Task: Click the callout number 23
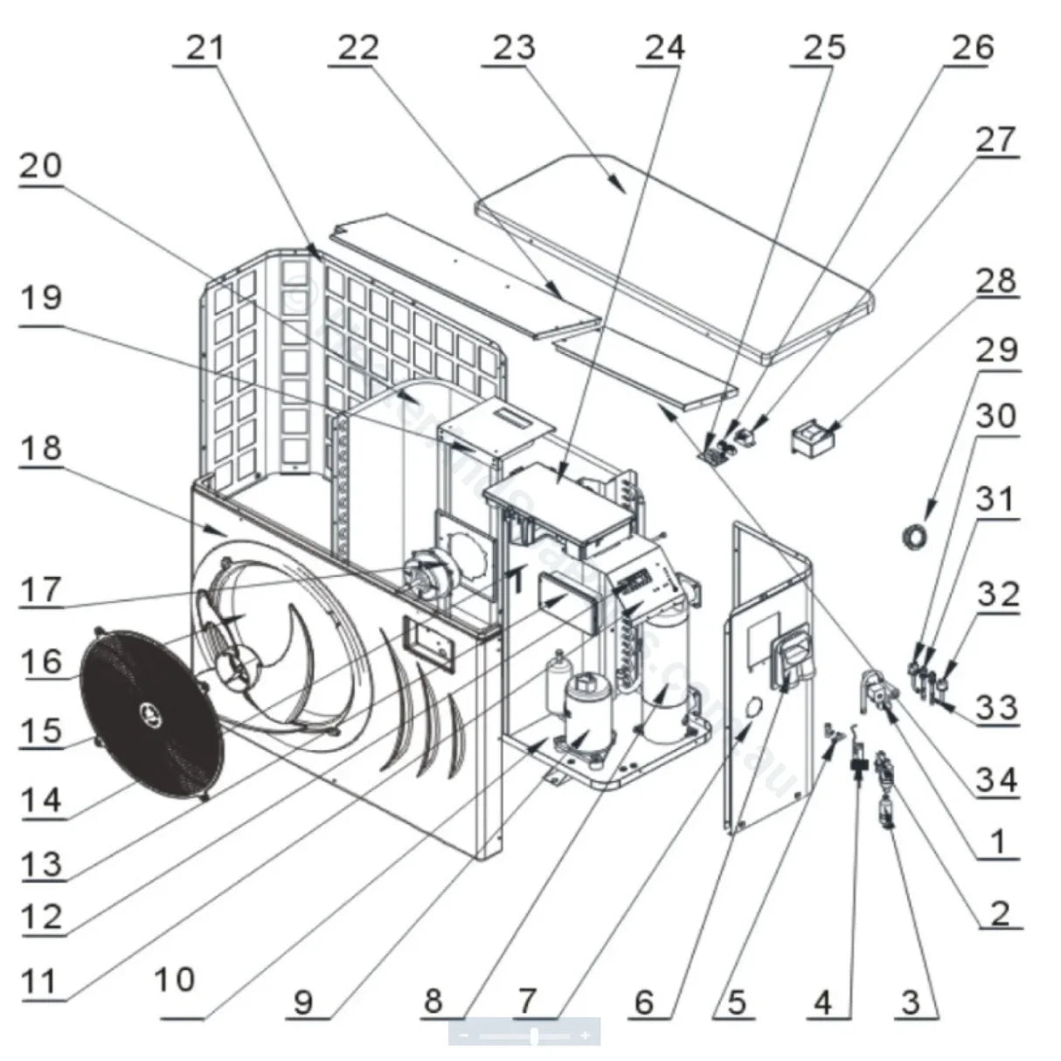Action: [x=513, y=46]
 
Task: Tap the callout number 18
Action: [x=41, y=447]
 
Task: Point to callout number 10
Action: [x=176, y=979]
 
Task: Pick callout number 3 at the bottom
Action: [x=911, y=1002]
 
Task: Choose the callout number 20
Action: [x=41, y=165]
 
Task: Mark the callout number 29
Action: [x=997, y=350]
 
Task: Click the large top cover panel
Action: [x=673, y=253]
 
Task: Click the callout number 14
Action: [x=41, y=799]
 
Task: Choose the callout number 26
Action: [x=973, y=46]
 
